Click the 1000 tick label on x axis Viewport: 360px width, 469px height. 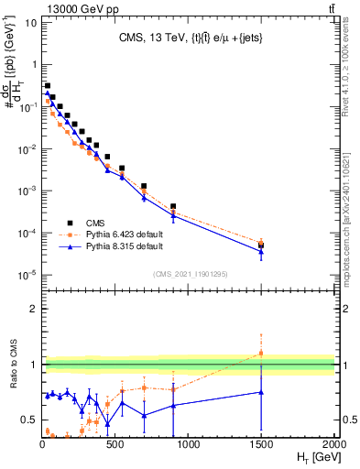(x=188, y=443)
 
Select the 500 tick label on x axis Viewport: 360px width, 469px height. (x=115, y=443)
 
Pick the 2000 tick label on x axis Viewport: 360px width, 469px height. (x=333, y=443)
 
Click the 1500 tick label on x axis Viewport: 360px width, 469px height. (x=261, y=443)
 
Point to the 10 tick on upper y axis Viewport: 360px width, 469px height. (x=29, y=23)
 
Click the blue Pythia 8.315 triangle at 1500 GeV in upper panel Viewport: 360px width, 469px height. (x=261, y=252)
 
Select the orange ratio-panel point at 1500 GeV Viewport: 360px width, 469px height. (x=261, y=353)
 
